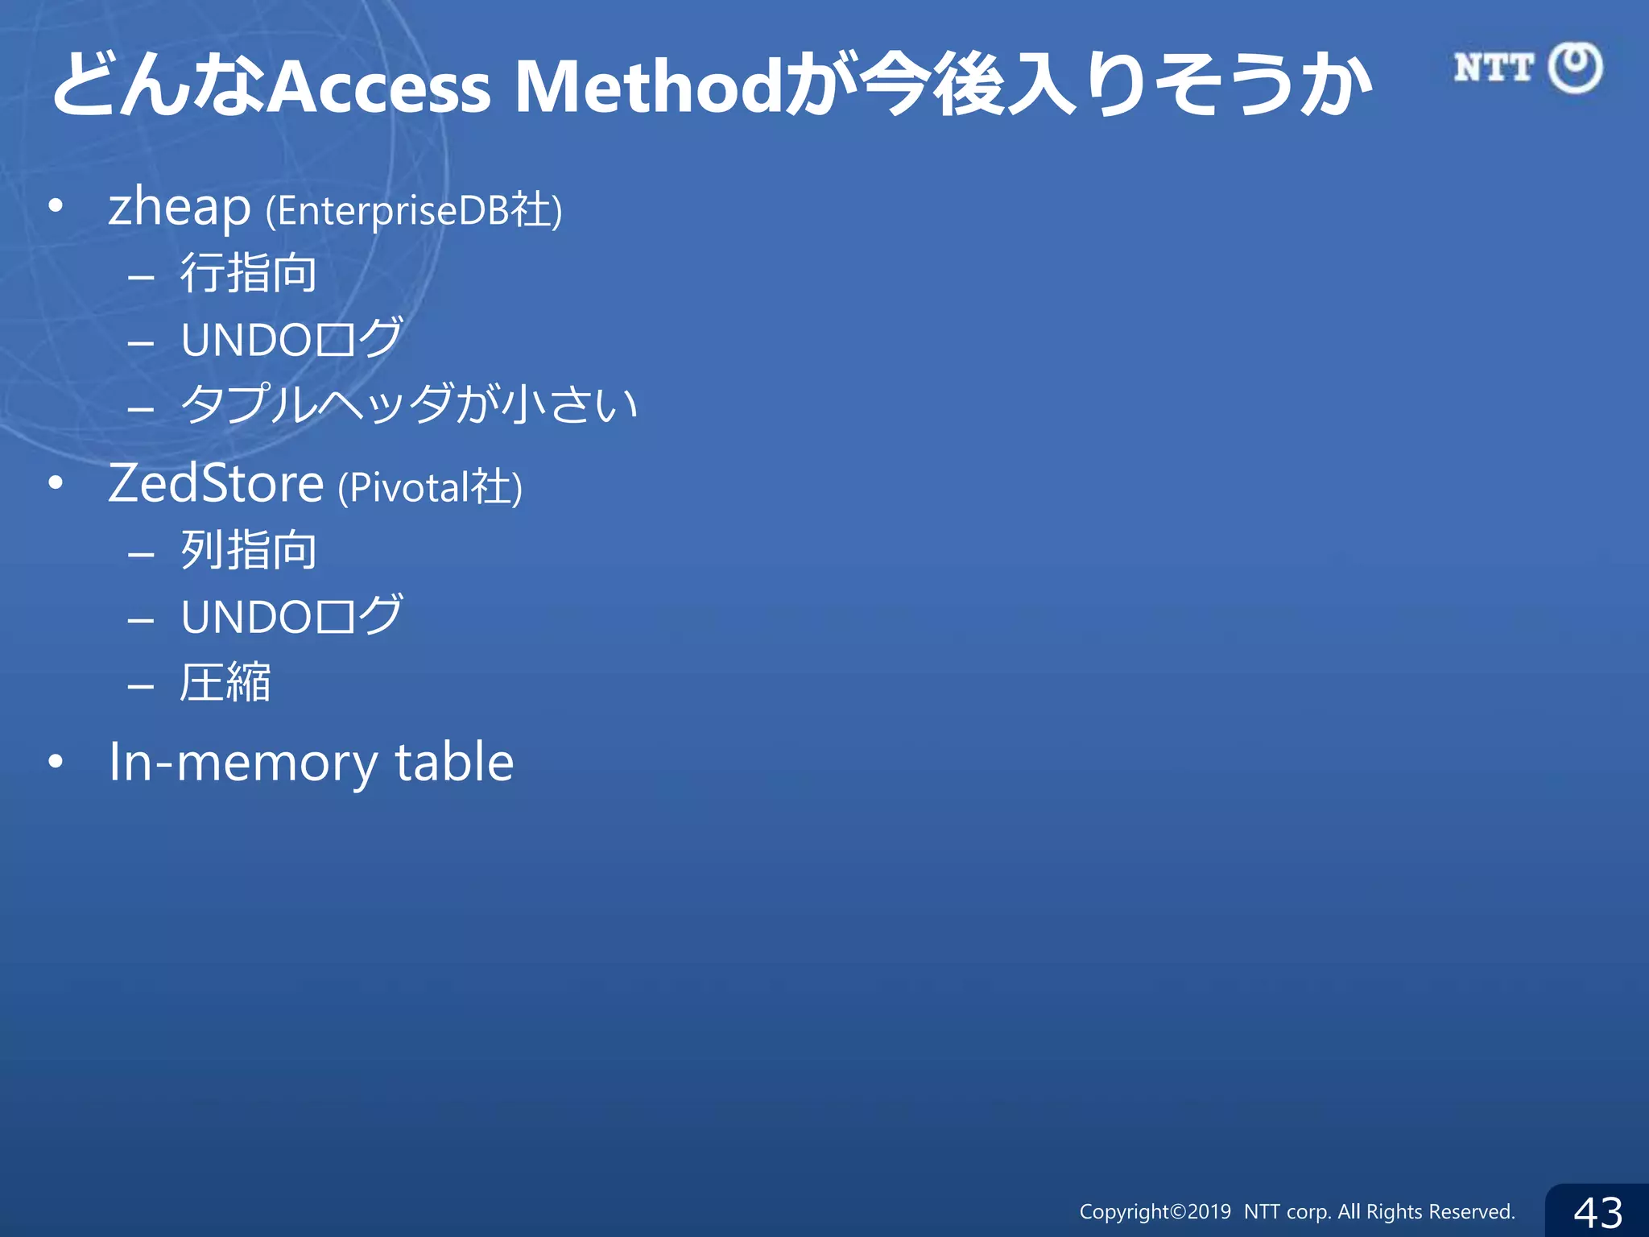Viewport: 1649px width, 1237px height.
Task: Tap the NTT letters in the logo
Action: pyautogui.click(x=1494, y=68)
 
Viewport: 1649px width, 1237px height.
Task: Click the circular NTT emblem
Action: pyautogui.click(x=1576, y=68)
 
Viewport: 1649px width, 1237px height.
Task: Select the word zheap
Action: pyautogui.click(x=180, y=208)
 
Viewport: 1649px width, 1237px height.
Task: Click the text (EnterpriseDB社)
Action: pyautogui.click(x=414, y=211)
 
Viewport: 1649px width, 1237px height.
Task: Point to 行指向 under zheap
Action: pyautogui.click(x=248, y=273)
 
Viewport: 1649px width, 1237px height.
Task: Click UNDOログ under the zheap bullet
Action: pyautogui.click(x=291, y=339)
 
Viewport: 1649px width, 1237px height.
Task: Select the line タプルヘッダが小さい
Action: pyautogui.click(x=409, y=404)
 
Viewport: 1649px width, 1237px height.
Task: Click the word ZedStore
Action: pyautogui.click(x=216, y=484)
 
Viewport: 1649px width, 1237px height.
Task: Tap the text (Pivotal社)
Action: pyautogui.click(x=430, y=487)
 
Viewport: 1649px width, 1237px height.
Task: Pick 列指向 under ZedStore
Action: pyautogui.click(x=248, y=551)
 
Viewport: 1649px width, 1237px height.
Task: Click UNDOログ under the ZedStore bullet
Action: pyautogui.click(x=291, y=617)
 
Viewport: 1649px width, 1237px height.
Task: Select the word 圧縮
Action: pyautogui.click(x=225, y=683)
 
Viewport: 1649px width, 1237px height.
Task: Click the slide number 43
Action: pyautogui.click(x=1597, y=1212)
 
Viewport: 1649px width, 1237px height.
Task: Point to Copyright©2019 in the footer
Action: pyautogui.click(x=1155, y=1212)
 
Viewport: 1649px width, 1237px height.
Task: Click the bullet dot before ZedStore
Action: pyautogui.click(x=56, y=483)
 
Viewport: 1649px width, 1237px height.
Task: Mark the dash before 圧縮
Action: pyautogui.click(x=141, y=686)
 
